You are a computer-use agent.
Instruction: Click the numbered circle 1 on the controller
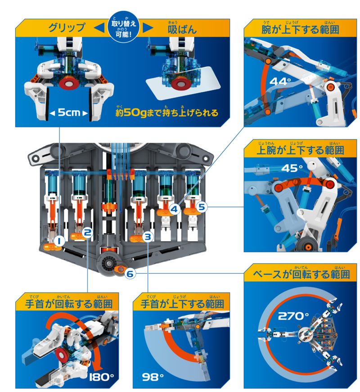tap(58, 242)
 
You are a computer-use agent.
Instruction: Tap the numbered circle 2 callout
tap(88, 233)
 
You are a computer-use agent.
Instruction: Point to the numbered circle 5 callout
tap(201, 207)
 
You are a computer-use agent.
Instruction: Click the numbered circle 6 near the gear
tap(130, 273)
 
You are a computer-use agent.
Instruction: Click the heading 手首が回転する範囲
tap(67, 303)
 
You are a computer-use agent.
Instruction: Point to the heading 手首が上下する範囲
tap(180, 303)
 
